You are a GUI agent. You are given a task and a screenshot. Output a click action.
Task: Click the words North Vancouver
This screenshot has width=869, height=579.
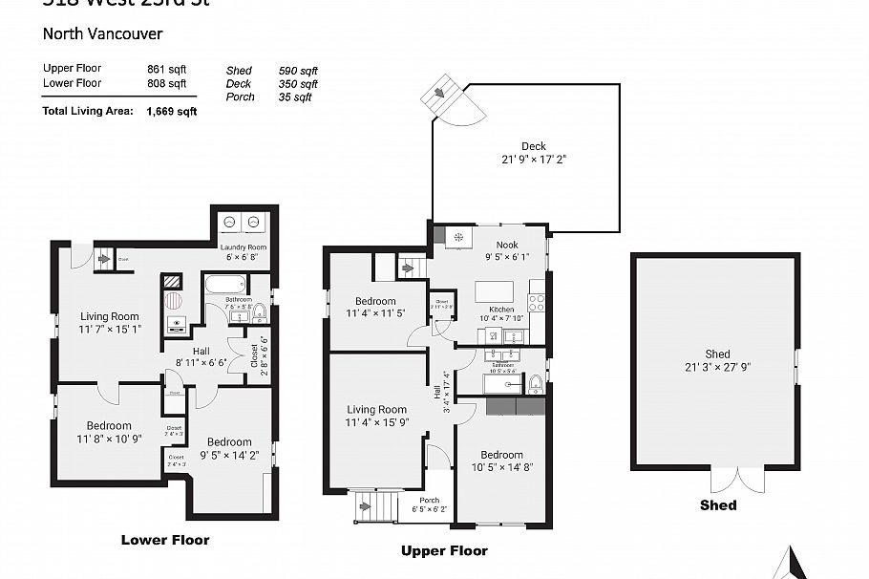(x=103, y=34)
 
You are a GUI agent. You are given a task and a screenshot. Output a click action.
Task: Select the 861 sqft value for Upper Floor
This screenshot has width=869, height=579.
(x=166, y=69)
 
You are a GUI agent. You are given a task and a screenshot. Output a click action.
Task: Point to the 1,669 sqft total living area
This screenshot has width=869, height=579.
(x=172, y=111)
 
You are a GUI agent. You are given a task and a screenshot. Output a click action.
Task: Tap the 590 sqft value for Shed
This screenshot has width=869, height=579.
(x=298, y=72)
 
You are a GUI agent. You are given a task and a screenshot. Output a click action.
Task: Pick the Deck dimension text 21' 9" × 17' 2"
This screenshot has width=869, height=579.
(x=534, y=160)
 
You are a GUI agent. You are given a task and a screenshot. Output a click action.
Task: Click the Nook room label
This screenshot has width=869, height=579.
(x=506, y=245)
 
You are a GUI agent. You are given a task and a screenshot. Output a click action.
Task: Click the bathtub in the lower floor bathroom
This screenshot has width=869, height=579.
(x=223, y=284)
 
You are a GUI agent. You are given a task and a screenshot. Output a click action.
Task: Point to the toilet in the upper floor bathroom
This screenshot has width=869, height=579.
(x=535, y=384)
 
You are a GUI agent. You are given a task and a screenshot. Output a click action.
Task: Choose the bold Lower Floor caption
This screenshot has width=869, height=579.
(x=164, y=541)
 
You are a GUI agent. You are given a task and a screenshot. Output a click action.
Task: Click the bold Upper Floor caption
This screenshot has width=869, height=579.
(x=444, y=551)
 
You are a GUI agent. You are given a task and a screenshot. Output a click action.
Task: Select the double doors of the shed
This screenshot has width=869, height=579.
(x=731, y=481)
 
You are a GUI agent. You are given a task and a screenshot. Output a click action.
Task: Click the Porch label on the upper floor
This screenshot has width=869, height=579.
(x=429, y=500)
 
